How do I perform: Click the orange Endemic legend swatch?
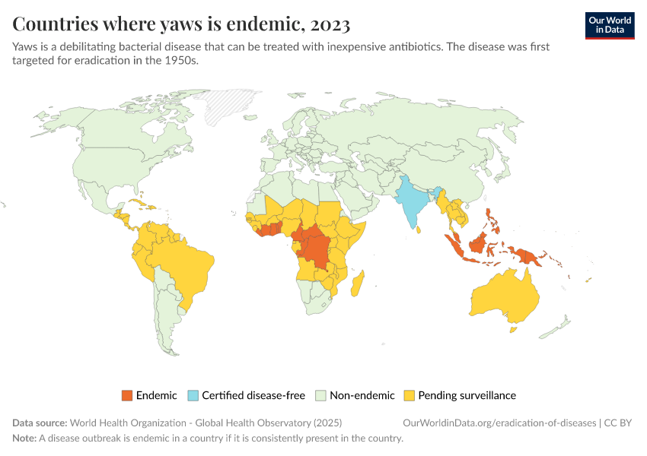tap(127, 395)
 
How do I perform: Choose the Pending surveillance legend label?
tap(467, 395)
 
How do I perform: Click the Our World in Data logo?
tap(609, 25)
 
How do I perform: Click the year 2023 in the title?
tap(330, 24)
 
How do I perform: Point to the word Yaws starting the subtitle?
tap(25, 47)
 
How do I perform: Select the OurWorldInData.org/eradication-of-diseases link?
tap(499, 423)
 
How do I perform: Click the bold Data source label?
tap(40, 423)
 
